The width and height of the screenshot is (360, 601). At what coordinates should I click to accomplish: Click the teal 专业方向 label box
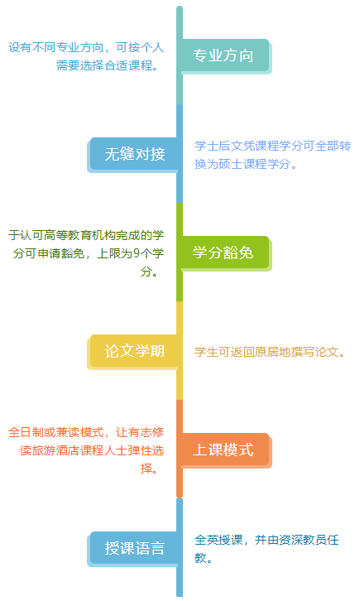tap(225, 55)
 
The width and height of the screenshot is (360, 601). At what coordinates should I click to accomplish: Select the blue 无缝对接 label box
tap(134, 154)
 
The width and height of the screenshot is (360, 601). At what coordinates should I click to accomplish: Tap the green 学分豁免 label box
tap(225, 252)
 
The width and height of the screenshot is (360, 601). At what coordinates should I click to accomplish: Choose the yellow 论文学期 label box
tap(134, 351)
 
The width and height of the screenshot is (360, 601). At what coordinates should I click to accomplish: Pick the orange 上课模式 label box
tap(225, 450)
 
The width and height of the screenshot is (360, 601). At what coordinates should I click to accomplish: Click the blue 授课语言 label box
tap(134, 548)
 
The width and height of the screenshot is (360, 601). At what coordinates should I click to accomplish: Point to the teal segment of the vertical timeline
tap(180, 55)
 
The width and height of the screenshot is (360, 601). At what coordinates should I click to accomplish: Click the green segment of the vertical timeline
tap(180, 252)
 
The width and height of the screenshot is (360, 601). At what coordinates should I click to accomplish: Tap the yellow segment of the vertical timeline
tap(180, 351)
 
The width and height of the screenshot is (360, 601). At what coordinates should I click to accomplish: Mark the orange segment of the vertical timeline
tap(180, 450)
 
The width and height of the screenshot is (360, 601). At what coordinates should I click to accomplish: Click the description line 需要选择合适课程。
tap(108, 65)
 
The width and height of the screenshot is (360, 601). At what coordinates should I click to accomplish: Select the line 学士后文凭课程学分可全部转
tap(272, 146)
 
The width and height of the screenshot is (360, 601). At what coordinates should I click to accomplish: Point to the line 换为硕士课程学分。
tap(246, 164)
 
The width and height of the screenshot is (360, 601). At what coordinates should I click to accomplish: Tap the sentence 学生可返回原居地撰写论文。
tap(270, 352)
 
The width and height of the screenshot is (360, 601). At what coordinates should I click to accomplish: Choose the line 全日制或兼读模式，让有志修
tap(86, 432)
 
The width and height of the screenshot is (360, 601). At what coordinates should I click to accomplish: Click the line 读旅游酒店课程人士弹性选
tap(92, 450)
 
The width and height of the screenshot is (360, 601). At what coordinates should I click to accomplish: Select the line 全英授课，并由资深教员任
tap(266, 540)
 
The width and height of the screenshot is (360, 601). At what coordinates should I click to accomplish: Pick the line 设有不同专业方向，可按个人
tap(86, 47)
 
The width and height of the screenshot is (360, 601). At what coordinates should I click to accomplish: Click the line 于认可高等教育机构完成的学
tap(86, 235)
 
